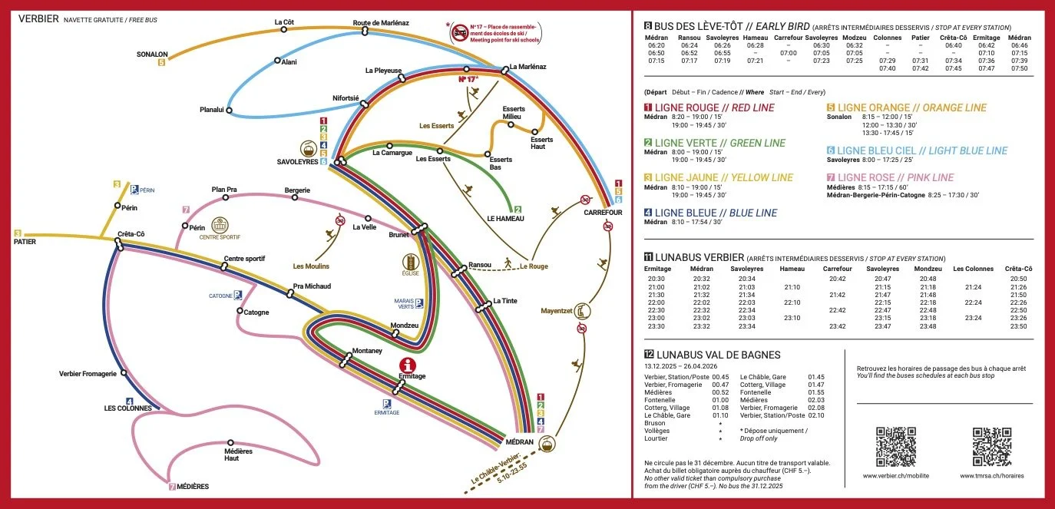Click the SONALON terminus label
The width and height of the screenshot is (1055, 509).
(x=152, y=55)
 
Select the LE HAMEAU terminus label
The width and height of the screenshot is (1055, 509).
(x=504, y=218)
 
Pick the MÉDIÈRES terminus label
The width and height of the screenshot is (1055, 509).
(x=192, y=487)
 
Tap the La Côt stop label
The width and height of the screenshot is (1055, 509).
(x=284, y=22)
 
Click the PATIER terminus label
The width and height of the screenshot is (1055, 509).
(x=25, y=242)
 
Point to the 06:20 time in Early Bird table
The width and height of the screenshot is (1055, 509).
(x=656, y=46)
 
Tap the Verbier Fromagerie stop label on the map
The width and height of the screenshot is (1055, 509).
(x=88, y=374)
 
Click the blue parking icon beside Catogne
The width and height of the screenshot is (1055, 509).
(x=237, y=295)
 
